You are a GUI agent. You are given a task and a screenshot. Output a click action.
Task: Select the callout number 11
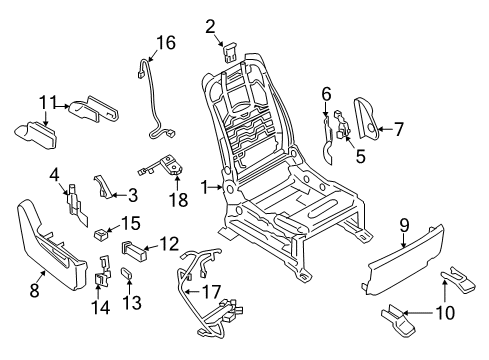[x=47, y=101]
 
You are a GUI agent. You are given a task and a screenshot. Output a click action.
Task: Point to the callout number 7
[x=399, y=128]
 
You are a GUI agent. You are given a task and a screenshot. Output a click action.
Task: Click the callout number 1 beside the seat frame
[x=206, y=187]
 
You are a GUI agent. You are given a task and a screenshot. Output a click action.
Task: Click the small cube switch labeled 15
[x=101, y=238]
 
